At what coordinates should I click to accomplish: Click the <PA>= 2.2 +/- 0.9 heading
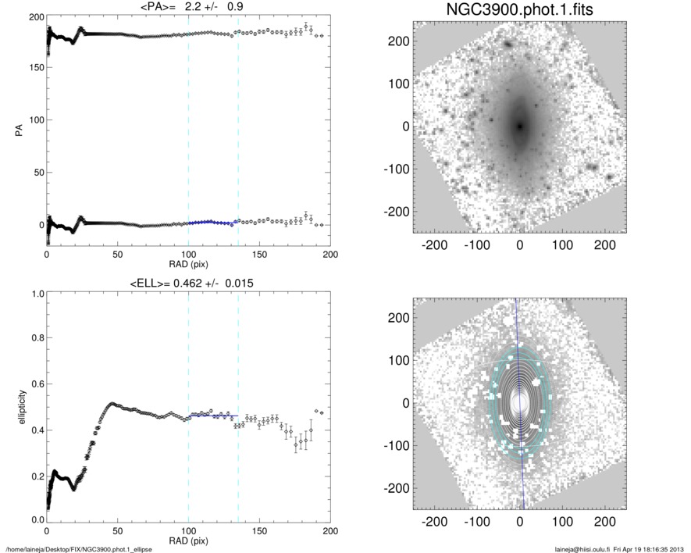[x=188, y=7]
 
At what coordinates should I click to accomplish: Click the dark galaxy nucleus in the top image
[x=519, y=125]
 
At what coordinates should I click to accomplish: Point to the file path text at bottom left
[x=79, y=549]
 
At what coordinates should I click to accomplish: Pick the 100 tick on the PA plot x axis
[x=188, y=255]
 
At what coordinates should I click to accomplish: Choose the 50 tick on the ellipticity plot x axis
[x=117, y=531]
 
